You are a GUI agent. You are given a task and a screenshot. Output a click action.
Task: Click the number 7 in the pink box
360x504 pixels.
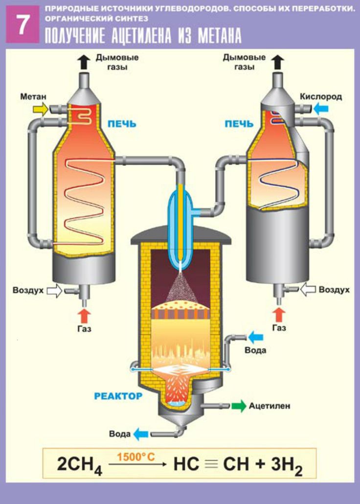tap(22, 25)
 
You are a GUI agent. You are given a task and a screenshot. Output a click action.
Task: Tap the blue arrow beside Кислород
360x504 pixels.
tap(320, 109)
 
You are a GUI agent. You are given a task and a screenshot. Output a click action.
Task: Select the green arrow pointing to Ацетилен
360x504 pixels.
tap(239, 406)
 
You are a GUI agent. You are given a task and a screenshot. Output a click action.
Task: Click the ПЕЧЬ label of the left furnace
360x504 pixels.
tap(122, 124)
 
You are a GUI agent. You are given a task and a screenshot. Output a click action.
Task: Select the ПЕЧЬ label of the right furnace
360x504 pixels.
tap(239, 124)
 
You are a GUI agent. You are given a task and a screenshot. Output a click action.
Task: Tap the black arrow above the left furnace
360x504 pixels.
tap(84, 62)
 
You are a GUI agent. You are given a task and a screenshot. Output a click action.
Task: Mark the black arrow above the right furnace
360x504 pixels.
tap(278, 62)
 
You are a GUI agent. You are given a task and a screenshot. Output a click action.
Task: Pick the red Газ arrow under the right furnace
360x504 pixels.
tap(279, 314)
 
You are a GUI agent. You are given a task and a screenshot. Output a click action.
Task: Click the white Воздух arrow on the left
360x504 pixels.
tap(54, 291)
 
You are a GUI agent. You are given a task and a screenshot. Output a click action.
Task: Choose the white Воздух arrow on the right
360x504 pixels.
tap(308, 290)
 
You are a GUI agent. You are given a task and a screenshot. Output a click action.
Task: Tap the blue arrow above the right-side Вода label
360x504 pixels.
tap(255, 337)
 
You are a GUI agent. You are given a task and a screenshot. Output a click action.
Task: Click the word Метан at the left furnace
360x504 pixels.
tap(33, 97)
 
